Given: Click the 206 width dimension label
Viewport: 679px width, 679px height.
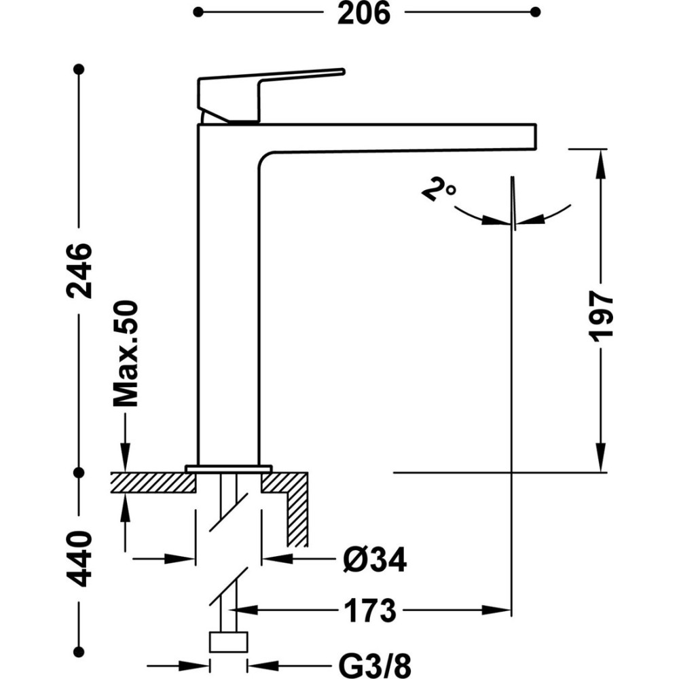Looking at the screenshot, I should tap(364, 12).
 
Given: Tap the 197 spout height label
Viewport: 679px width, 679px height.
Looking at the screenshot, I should tap(601, 316).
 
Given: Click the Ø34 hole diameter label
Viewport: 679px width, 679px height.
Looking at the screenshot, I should tap(374, 560).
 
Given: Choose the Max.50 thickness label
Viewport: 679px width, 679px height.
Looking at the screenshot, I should tap(126, 354).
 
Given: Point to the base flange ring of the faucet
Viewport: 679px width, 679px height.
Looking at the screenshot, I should tap(229, 469).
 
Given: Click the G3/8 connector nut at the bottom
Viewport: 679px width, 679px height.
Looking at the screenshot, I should tap(229, 642).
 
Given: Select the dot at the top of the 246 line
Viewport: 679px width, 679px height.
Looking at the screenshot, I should tap(79, 69).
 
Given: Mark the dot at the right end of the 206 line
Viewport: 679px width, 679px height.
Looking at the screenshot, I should tap(536, 12).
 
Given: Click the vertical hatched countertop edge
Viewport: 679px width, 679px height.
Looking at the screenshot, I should tap(297, 516).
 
